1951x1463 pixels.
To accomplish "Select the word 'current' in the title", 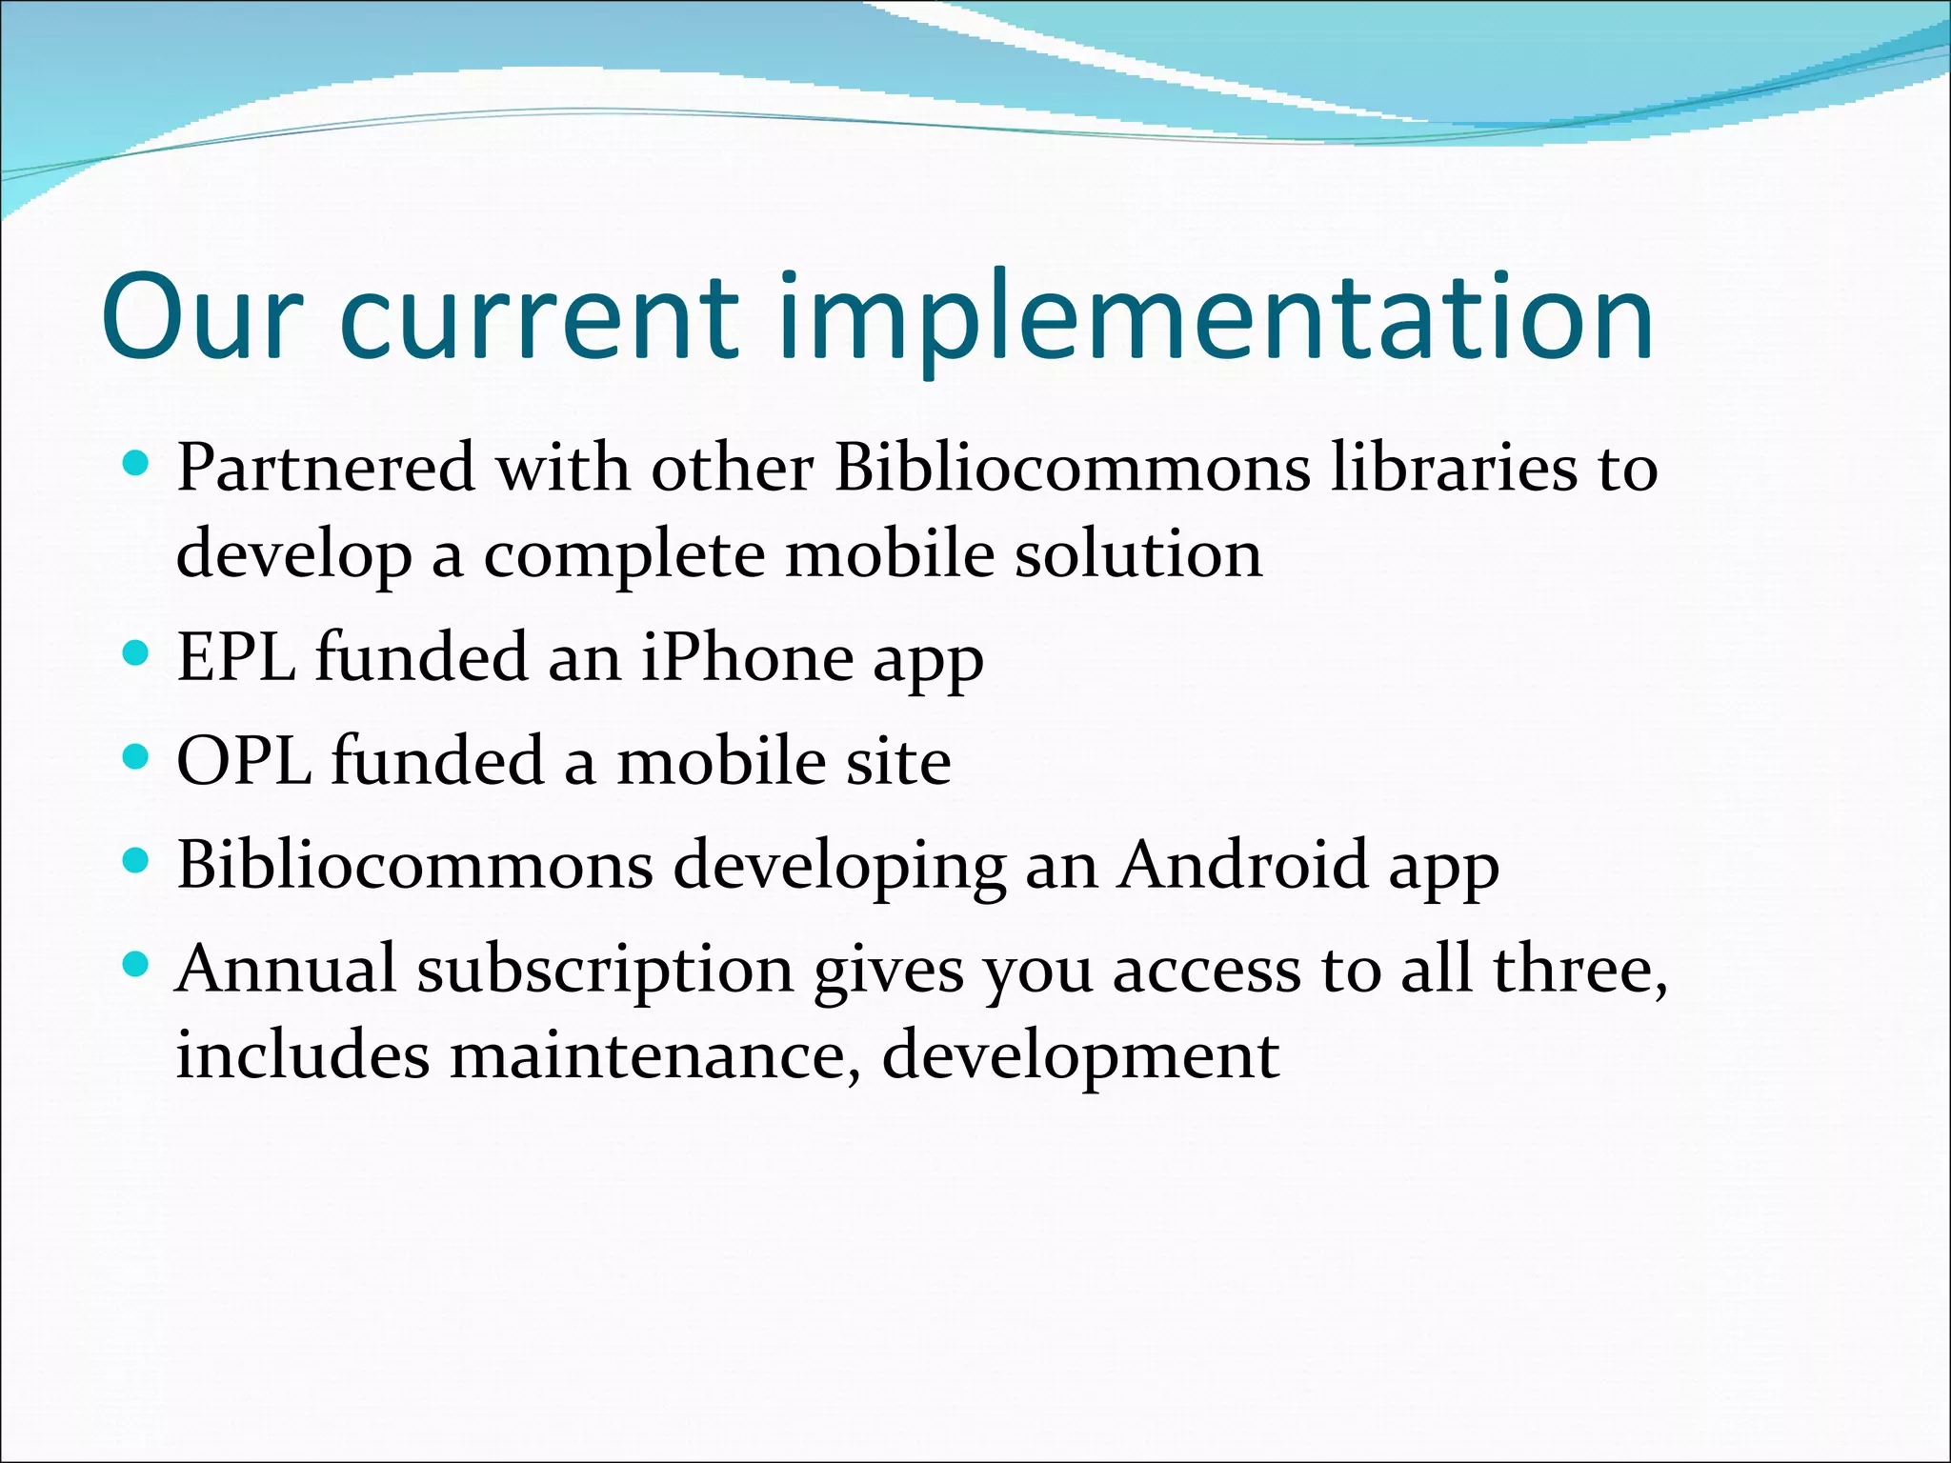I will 539,318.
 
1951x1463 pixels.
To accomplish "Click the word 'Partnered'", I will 326,469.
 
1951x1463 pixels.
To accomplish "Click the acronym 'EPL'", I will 236,657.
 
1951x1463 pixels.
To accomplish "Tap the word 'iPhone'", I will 747,657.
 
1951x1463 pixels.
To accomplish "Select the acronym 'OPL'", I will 244,762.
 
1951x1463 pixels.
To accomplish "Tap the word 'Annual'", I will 286,970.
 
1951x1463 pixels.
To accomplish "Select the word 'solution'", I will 1138,554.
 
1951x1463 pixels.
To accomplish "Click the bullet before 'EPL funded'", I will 137,653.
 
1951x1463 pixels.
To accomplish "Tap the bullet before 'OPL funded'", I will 137,757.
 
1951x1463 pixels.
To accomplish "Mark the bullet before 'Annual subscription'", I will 137,965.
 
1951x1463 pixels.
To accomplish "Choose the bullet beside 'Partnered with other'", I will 137,465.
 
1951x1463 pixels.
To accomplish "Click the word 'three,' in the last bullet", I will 1580,970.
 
